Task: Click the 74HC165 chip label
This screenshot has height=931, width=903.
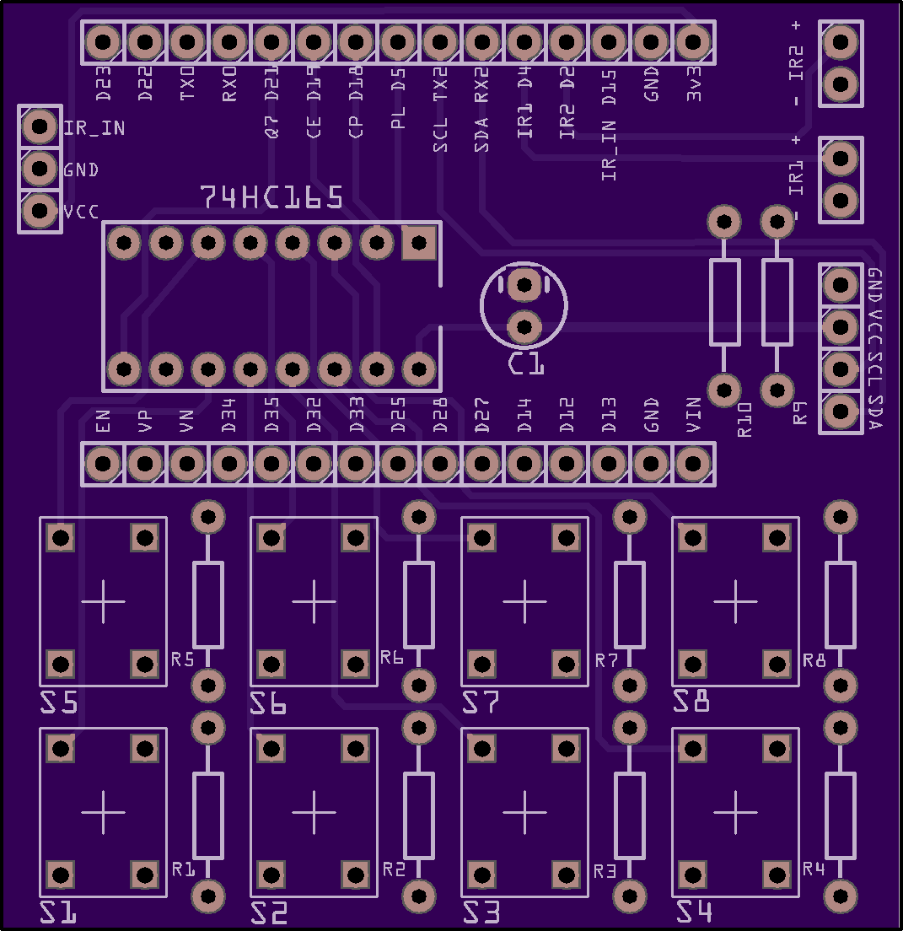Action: pyautogui.click(x=271, y=197)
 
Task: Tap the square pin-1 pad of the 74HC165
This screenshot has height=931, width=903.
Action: pyautogui.click(x=418, y=244)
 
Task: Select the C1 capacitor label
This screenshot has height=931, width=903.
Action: pyautogui.click(x=526, y=365)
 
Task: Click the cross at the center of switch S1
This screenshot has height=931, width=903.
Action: pyautogui.click(x=103, y=811)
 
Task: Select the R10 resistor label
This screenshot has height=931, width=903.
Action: pyautogui.click(x=744, y=419)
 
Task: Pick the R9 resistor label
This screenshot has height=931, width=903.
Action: pyautogui.click(x=799, y=413)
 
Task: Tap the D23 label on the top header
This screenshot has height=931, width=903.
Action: pyautogui.click(x=103, y=85)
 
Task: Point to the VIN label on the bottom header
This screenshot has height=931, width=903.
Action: pyautogui.click(x=693, y=415)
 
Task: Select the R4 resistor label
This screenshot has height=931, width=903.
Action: pyautogui.click(x=814, y=869)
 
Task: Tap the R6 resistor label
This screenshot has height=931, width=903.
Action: pyautogui.click(x=392, y=657)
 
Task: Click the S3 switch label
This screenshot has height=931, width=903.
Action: pyautogui.click(x=481, y=912)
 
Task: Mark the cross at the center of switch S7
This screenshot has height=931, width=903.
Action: pyautogui.click(x=524, y=600)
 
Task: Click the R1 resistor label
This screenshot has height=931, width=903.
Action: pyautogui.click(x=183, y=869)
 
